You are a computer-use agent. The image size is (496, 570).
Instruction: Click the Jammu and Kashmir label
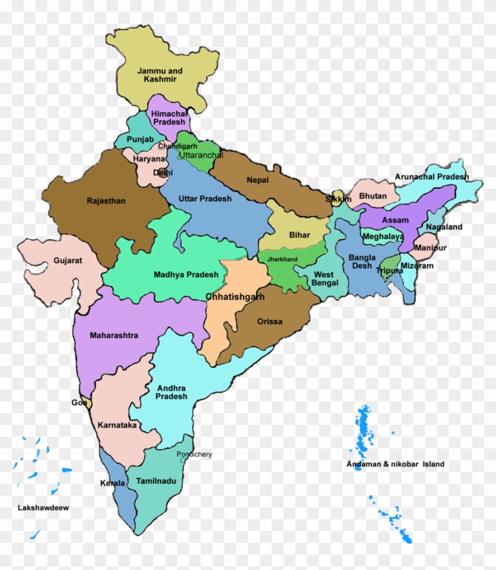coord(160,75)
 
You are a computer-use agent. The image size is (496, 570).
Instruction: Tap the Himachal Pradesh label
coord(169,117)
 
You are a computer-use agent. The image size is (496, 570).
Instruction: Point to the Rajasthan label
coord(106,201)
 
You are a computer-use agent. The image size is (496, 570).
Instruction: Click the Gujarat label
coord(68,260)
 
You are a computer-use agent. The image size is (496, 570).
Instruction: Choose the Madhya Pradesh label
coord(186,274)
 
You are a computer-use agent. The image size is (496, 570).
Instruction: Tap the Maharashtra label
coord(114,336)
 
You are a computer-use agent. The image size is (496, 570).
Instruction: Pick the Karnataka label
coord(118,425)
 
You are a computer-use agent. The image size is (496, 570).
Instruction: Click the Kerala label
coord(112,483)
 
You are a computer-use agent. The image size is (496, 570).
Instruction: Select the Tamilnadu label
coord(156,481)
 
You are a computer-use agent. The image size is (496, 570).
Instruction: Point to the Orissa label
coord(270,322)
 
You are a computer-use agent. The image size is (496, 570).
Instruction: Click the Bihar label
coord(299,235)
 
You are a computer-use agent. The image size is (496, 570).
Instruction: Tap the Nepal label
coord(257,180)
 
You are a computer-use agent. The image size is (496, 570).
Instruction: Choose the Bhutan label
coord(373,196)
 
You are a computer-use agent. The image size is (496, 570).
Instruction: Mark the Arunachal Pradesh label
coord(432,176)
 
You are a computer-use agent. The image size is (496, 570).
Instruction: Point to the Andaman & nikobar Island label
coord(396,464)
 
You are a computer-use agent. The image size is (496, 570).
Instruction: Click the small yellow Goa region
coord(88,404)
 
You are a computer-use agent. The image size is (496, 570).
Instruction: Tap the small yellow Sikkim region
coord(338,195)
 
